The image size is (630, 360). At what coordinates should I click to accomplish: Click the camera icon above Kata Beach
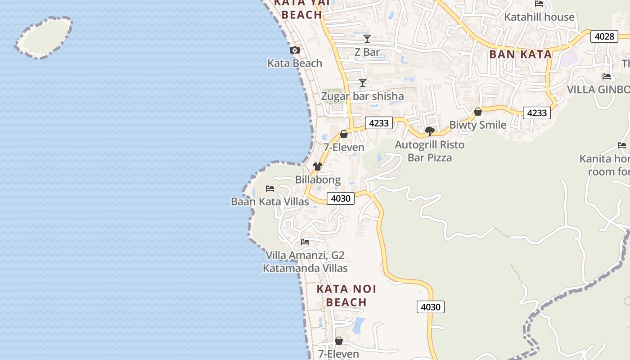click(295, 50)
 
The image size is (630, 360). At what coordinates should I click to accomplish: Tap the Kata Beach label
click(295, 63)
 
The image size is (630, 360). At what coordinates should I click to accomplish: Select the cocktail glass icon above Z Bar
click(367, 39)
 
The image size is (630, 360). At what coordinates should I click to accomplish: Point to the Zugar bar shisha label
click(362, 96)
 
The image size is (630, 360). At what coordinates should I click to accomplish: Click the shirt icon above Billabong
click(318, 166)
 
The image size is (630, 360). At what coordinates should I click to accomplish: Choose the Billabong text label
click(318, 180)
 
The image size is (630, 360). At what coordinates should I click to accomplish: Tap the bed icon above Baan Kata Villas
click(270, 188)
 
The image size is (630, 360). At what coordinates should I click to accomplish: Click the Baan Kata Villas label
click(270, 201)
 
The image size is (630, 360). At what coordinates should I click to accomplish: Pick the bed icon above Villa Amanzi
click(305, 242)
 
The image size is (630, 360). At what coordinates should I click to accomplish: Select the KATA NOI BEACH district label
click(346, 295)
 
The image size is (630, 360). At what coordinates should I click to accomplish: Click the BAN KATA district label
click(520, 54)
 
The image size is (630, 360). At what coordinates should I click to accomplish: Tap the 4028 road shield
click(604, 36)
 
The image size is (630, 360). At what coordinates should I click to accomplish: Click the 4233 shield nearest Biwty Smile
click(537, 112)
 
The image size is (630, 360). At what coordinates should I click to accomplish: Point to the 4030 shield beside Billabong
click(341, 198)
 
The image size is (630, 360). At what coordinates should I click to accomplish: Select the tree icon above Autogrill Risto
click(430, 131)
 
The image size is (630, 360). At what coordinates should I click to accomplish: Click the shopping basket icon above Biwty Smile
click(478, 112)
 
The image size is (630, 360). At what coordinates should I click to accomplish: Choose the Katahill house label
click(539, 17)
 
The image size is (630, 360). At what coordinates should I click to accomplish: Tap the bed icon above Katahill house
click(539, 4)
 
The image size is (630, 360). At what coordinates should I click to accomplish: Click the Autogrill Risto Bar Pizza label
click(430, 151)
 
